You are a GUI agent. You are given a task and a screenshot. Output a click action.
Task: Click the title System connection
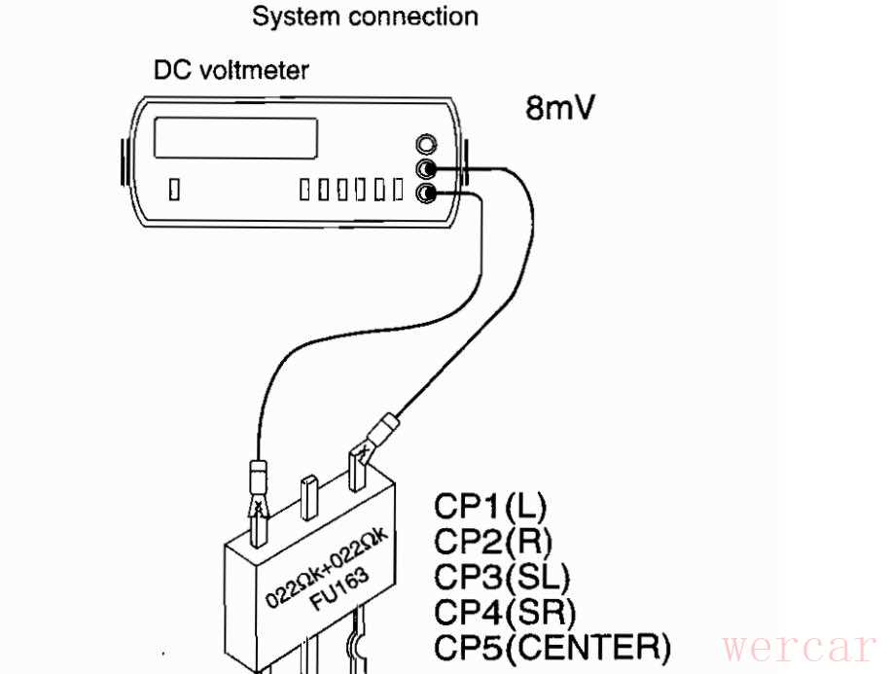(x=365, y=17)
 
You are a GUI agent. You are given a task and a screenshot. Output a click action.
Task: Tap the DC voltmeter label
(x=231, y=71)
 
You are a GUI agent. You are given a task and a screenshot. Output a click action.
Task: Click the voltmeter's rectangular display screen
(x=237, y=138)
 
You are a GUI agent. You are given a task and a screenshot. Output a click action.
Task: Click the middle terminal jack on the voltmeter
(x=424, y=169)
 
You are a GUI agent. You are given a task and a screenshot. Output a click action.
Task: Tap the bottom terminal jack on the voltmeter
(x=424, y=194)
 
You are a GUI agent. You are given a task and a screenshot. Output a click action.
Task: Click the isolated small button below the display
(x=174, y=188)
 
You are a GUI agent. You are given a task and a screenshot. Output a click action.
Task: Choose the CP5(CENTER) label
(x=552, y=645)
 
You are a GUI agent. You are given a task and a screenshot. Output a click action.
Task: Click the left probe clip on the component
(x=260, y=501)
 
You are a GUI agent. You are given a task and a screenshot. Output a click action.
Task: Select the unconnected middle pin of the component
(x=309, y=496)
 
